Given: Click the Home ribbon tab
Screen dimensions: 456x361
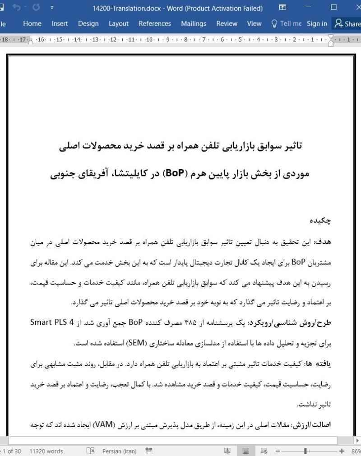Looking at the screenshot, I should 32,24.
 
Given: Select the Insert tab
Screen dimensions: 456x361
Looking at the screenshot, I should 60,24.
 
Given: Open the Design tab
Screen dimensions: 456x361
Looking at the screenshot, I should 88,24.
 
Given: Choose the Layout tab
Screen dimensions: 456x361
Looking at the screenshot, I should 118,24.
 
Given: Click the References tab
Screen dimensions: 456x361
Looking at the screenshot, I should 155,24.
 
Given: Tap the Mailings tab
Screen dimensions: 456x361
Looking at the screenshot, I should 193,24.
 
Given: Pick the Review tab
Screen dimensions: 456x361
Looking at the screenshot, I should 227,24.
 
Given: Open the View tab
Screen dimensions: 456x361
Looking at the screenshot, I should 254,24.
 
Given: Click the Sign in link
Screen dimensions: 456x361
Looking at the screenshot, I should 317,24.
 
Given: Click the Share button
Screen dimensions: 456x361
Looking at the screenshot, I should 347,24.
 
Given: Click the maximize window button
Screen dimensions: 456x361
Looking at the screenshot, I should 334,8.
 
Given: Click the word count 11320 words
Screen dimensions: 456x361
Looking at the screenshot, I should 46,451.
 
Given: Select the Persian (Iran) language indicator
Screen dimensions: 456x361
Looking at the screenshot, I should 120,451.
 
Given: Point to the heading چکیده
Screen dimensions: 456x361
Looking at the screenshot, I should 320,221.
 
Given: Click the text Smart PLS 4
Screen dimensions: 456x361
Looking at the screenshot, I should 53,322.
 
